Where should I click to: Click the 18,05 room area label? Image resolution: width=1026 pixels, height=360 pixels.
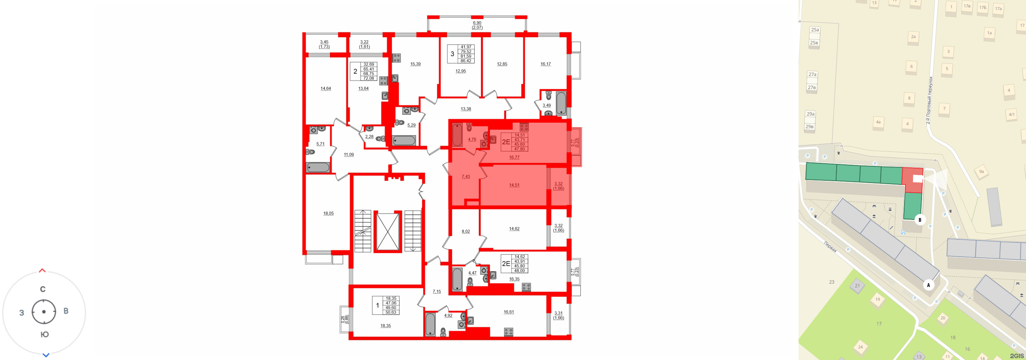point(328,214)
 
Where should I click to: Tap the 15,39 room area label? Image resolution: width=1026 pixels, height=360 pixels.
point(415,64)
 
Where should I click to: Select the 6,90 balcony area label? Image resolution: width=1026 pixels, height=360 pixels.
point(477,23)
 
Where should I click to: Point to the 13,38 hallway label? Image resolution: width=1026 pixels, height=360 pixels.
point(466,109)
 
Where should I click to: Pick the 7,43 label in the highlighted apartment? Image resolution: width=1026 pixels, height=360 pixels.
point(466,176)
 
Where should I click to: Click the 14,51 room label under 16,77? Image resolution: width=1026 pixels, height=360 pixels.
point(514,185)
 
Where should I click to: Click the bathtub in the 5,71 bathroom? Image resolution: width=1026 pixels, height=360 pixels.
point(318,167)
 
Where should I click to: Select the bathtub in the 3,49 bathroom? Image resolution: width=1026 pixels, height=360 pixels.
point(561,104)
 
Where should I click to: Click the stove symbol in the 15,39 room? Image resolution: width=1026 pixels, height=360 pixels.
point(396,58)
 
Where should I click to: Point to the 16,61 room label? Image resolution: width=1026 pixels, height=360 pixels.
point(509,312)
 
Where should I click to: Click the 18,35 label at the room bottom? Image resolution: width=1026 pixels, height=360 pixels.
point(385,326)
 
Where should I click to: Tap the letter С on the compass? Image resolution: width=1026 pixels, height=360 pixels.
point(43,289)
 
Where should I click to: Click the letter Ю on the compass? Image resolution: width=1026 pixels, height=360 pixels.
point(45,335)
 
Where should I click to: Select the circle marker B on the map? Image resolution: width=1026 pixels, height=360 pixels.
point(920,220)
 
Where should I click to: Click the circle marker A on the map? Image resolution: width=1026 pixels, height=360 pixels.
point(928,285)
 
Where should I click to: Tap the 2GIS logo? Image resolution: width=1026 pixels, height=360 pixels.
point(1016,356)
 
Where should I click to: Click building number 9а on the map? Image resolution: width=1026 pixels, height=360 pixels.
point(981,172)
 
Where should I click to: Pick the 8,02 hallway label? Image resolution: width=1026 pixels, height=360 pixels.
point(466,231)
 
